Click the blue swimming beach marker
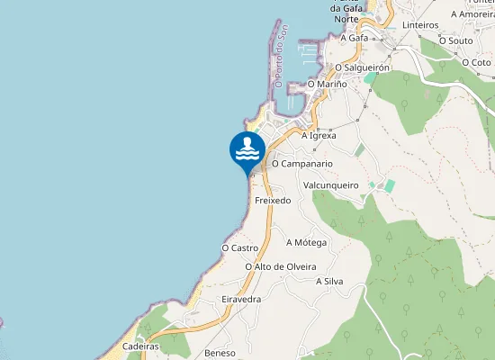point(247,150)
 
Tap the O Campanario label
point(302,164)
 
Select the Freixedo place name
point(273,200)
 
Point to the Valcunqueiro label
point(331,184)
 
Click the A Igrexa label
point(319,135)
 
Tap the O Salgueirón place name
point(362,67)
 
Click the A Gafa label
point(355,38)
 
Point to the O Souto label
point(455,40)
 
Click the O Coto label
point(476,62)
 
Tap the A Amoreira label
point(472,14)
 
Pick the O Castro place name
point(240,247)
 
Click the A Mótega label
point(306,242)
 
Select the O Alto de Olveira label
point(281,266)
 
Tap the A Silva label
point(329,281)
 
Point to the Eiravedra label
point(241,298)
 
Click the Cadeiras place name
point(140,346)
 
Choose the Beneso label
point(220,353)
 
